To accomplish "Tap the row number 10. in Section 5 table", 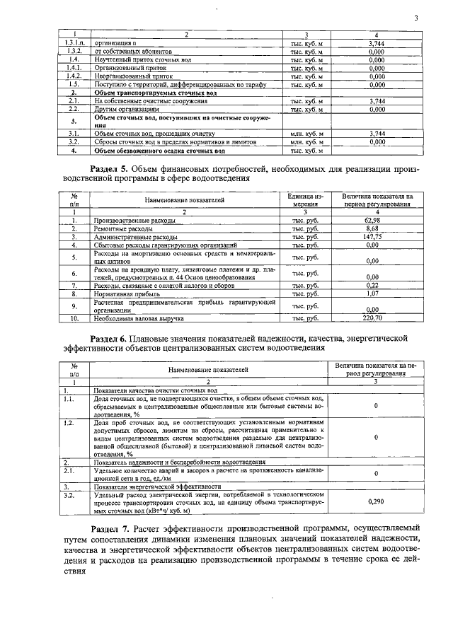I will click(x=74, y=319).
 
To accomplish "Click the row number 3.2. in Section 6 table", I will click(x=69, y=495).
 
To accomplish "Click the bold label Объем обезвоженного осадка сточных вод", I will click(x=160, y=151).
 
